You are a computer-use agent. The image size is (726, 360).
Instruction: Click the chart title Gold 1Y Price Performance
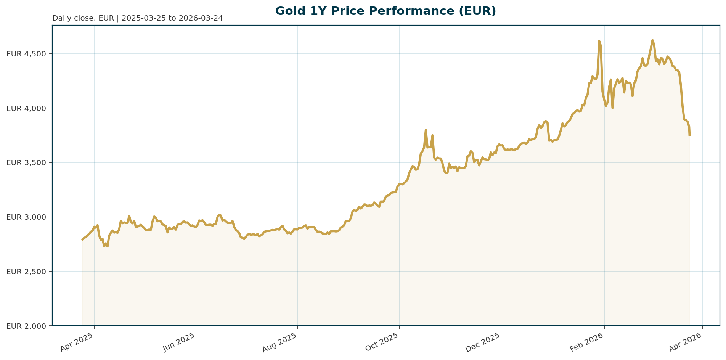click(385, 11)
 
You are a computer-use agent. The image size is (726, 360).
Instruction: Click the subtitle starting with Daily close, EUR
click(137, 18)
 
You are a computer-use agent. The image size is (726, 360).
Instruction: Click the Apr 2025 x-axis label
click(78, 342)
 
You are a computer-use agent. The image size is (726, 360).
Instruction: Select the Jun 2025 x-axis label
click(179, 342)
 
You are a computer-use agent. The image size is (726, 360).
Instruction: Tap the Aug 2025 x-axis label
click(281, 342)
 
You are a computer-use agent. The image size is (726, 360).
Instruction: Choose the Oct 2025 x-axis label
click(382, 342)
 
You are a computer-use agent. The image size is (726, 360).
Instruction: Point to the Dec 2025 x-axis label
click(484, 342)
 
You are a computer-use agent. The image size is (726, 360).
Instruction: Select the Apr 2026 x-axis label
click(686, 342)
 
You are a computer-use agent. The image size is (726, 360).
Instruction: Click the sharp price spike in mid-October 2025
click(426, 130)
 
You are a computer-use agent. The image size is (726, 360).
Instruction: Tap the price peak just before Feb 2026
click(599, 41)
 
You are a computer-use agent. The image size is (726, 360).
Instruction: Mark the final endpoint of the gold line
click(689, 135)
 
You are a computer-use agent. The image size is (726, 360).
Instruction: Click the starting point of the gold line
click(82, 239)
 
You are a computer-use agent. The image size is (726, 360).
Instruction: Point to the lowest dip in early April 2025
click(104, 246)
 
